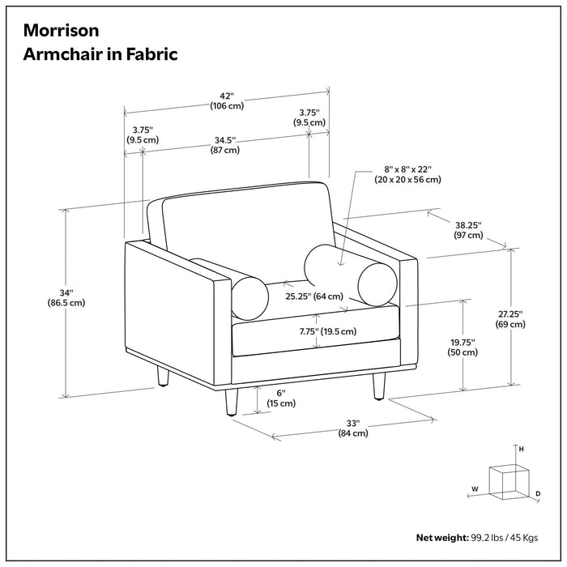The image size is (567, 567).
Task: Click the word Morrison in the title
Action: click(62, 30)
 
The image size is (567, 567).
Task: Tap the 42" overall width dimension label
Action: click(228, 100)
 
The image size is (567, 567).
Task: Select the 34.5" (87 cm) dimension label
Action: click(226, 144)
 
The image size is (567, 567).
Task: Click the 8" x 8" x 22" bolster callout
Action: click(403, 175)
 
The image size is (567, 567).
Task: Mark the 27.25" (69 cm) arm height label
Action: click(510, 318)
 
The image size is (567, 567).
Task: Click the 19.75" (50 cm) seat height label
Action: click(464, 347)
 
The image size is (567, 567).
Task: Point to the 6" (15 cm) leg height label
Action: click(276, 398)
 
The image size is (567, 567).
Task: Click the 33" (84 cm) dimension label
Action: click(353, 428)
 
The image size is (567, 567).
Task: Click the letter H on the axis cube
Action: click(522, 448)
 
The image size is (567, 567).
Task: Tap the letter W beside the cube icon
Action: click(475, 489)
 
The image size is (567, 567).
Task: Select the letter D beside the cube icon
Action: click(537, 492)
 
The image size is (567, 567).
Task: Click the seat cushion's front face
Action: click(316, 340)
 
